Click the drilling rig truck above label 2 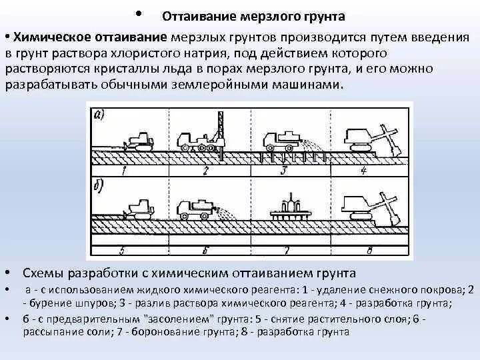coord(199,136)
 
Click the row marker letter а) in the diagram coord(97,114)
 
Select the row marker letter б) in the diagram coord(98,184)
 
